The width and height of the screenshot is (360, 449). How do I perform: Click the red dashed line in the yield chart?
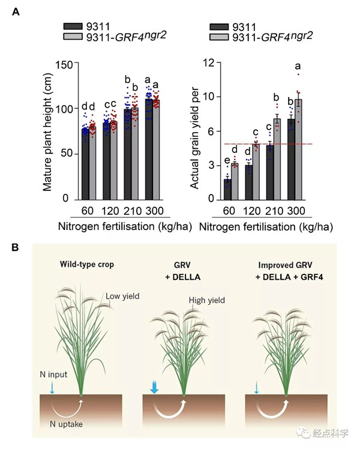pos(270,144)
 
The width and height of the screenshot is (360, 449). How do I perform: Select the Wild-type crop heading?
pos(86,265)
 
